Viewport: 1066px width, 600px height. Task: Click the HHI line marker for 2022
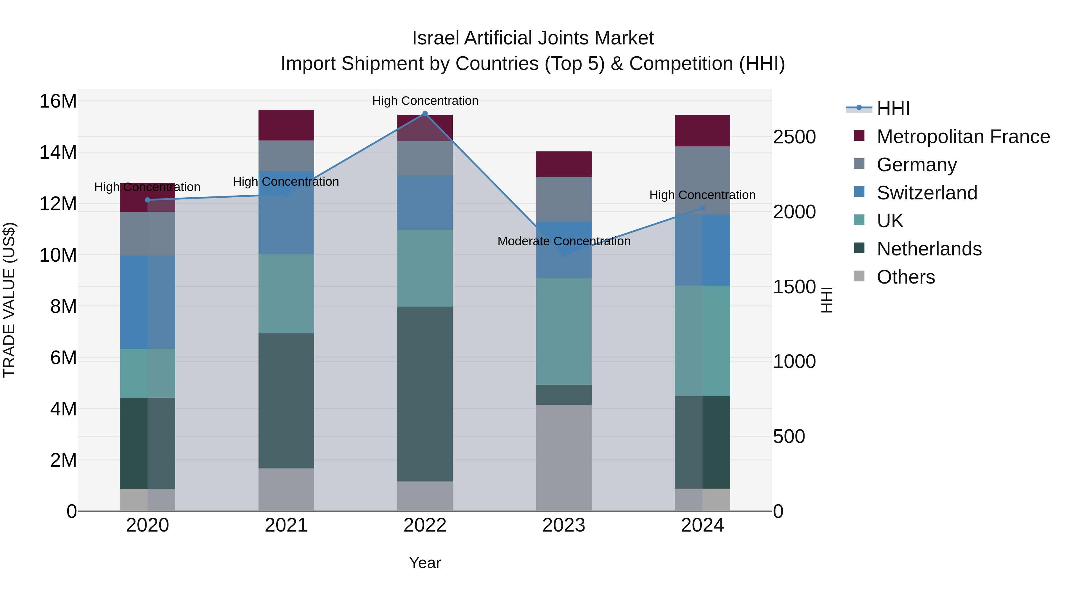click(x=425, y=113)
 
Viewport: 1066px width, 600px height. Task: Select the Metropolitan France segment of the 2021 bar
click(x=286, y=125)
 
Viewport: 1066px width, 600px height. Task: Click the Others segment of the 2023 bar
click(x=563, y=457)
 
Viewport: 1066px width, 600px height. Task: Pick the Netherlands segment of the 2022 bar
click(x=425, y=394)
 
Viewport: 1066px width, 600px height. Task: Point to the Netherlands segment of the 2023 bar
click(x=563, y=395)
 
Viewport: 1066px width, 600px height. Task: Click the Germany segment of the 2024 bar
click(x=702, y=180)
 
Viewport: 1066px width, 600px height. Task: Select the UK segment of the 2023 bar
click(x=563, y=331)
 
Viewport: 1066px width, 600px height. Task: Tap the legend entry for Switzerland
click(x=927, y=193)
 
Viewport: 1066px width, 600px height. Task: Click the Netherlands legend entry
click(x=929, y=249)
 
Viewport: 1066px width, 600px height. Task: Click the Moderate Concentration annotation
click(x=563, y=241)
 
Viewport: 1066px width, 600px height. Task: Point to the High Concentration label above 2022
click(x=425, y=101)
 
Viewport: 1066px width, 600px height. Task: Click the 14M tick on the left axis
click(x=58, y=152)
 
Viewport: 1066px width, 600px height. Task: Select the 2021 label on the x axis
click(x=286, y=525)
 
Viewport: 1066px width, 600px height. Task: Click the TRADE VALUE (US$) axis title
click(x=9, y=300)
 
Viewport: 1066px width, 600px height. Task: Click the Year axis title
click(x=425, y=563)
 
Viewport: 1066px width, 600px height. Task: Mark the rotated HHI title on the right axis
click(x=826, y=300)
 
